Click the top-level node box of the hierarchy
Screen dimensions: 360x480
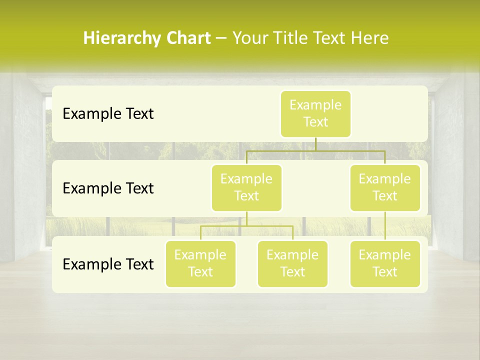click(315, 114)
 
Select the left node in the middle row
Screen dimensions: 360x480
click(246, 188)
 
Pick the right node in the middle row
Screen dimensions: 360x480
click(385, 188)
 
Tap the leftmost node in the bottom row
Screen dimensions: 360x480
click(200, 264)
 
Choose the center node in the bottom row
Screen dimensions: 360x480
click(292, 264)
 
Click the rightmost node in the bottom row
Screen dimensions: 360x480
click(385, 264)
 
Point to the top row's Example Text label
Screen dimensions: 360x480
click(108, 114)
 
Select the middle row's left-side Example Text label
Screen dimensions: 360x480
click(108, 188)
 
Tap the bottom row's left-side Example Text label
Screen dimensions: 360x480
click(108, 264)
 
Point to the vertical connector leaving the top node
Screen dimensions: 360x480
click(315, 144)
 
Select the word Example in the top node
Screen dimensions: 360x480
click(315, 105)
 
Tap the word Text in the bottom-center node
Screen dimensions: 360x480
click(292, 272)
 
